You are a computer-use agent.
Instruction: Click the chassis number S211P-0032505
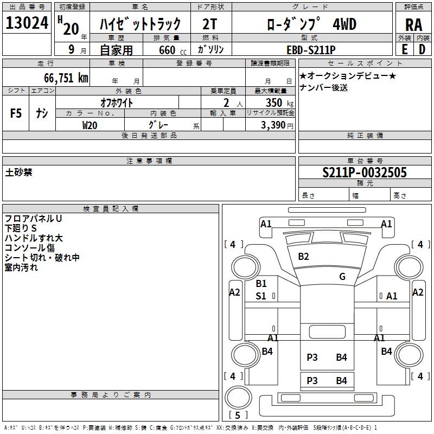(365, 173)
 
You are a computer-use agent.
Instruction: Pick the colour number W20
(90, 125)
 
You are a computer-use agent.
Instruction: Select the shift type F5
(16, 113)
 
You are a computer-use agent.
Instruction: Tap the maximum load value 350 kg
(276, 103)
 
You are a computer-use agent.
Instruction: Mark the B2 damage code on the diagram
(303, 257)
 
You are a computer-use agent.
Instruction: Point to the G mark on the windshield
(342, 277)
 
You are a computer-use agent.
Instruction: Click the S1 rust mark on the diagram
(261, 296)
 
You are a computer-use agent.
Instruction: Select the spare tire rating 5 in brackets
(239, 415)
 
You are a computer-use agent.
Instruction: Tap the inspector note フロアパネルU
(33, 219)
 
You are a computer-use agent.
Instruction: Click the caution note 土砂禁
(19, 173)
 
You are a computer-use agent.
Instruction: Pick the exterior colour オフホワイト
(117, 102)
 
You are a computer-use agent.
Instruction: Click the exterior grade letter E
(404, 49)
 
